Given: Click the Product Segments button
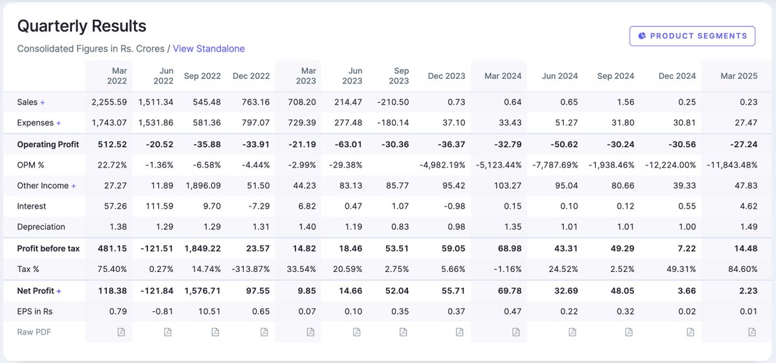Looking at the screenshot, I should point(692,36).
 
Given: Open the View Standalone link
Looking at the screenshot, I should point(208,48).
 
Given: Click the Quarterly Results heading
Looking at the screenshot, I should point(81,26).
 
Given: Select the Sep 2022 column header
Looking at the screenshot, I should point(202,76).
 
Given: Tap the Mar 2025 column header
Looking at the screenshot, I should point(738,76).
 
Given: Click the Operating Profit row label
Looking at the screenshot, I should point(49,144).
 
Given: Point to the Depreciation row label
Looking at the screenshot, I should point(41,227).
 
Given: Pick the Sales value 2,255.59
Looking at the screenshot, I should point(109,102).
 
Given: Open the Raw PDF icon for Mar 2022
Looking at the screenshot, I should point(121,332).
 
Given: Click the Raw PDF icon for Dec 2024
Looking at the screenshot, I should point(690,332).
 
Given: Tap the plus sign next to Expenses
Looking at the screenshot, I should point(58,123).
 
